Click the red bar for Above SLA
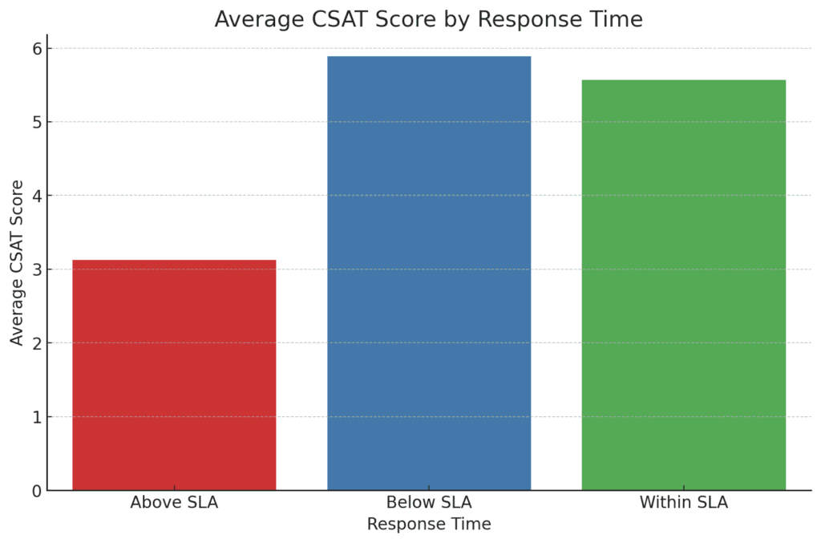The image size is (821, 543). coord(174,375)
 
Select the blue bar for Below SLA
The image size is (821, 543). coord(429,273)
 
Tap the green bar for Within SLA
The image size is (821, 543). coord(683,285)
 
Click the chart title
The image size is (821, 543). coord(429,19)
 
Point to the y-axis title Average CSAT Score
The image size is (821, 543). coord(18,262)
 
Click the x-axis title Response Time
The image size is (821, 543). coord(429,525)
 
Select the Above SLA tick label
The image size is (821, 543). coord(174,504)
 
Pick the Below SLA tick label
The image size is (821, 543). coord(429,504)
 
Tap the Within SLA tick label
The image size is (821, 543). coord(683,504)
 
